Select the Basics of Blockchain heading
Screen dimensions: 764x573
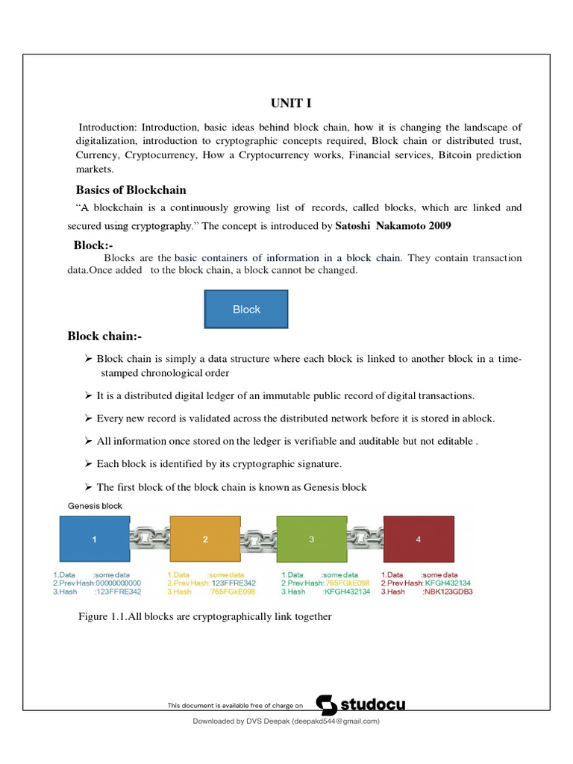click(x=131, y=190)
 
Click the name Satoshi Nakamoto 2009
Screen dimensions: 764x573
click(x=393, y=225)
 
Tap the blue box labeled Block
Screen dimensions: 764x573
click(x=246, y=309)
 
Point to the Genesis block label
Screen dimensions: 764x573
click(x=95, y=506)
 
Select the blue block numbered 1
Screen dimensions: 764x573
click(x=94, y=539)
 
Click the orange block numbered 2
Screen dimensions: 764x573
click(x=205, y=539)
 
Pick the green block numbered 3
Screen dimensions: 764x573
click(x=311, y=539)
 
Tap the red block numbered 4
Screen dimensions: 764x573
click(x=418, y=539)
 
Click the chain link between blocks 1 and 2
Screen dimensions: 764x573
click(x=149, y=538)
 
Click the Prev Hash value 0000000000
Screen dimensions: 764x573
click(x=119, y=583)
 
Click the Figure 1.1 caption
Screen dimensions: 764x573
click(x=204, y=617)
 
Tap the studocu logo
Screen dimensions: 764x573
click(x=361, y=704)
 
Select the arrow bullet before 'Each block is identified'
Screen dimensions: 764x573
click(x=88, y=464)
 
